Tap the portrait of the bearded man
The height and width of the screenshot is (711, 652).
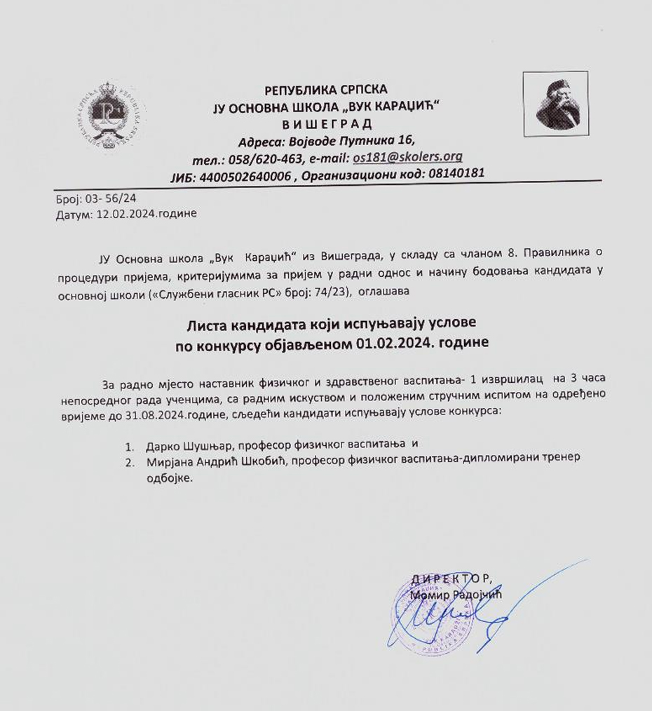(x=555, y=103)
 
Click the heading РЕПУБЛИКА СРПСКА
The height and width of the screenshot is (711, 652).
(x=326, y=90)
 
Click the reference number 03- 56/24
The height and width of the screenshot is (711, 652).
(x=111, y=199)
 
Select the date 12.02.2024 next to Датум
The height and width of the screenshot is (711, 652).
(x=127, y=214)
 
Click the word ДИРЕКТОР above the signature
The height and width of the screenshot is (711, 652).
(x=451, y=578)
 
